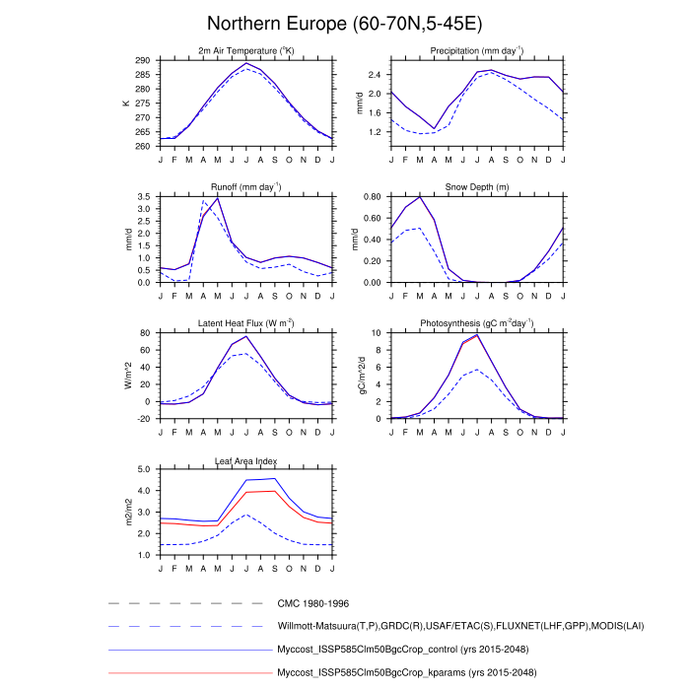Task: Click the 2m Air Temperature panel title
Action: pyautogui.click(x=246, y=51)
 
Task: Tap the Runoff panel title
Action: pyautogui.click(x=246, y=186)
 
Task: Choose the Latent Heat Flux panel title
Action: pyautogui.click(x=246, y=323)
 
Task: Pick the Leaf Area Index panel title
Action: pyautogui.click(x=246, y=460)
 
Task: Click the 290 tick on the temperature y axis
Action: pyautogui.click(x=143, y=60)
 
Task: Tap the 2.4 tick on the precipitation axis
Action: pyautogui.click(x=375, y=74)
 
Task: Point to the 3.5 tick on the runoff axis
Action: pyautogui.click(x=144, y=196)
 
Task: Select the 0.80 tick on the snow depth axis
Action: pyautogui.click(x=373, y=196)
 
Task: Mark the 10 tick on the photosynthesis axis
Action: pyautogui.click(x=377, y=333)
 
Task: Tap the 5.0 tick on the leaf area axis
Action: pyautogui.click(x=144, y=469)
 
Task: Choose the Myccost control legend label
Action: pyautogui.click(x=408, y=650)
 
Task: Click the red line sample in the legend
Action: pyautogui.click(x=187, y=672)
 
